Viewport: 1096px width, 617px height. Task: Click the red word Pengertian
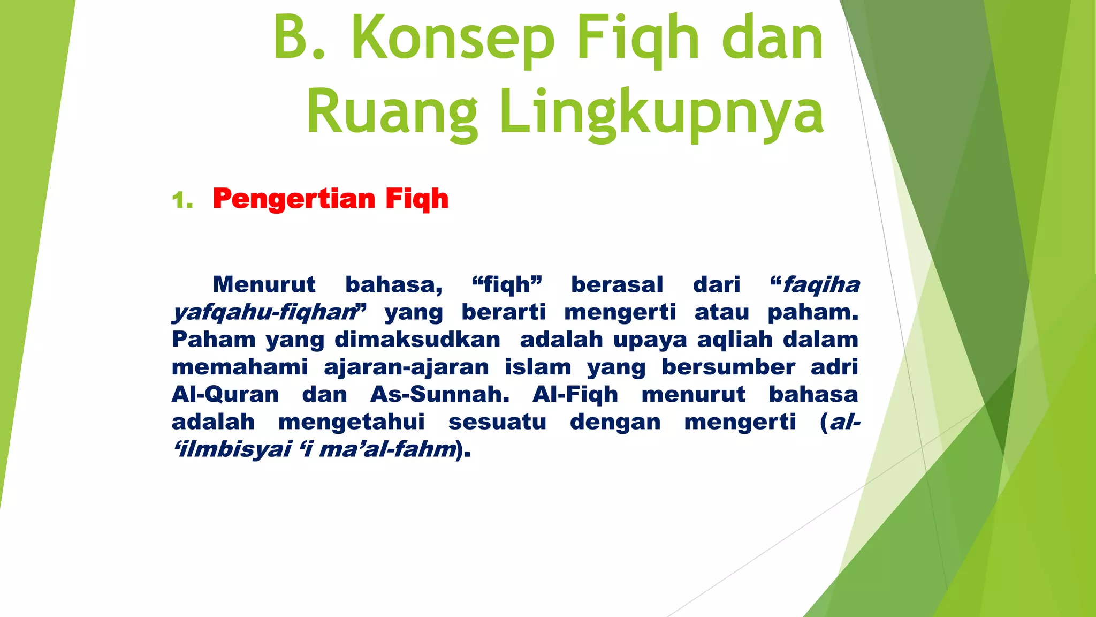294,199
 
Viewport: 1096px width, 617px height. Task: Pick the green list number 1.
181,201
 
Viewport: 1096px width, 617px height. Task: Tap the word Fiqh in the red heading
417,199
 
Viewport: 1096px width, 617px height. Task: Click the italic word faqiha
821,285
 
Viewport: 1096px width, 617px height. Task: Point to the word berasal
617,285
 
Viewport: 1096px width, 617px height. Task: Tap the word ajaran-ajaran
406,367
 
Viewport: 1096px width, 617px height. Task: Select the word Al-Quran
225,395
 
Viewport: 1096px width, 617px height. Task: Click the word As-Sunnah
440,395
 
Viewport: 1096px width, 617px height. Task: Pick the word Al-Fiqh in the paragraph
575,395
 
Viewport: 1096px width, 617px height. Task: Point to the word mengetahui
352,422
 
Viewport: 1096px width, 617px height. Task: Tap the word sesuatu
497,422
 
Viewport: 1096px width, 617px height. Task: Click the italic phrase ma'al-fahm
387,449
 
